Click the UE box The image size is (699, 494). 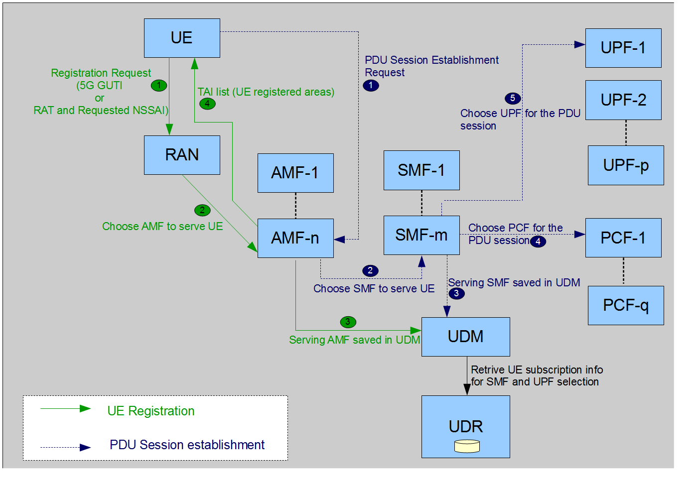tap(182, 38)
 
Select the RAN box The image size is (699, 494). tap(182, 155)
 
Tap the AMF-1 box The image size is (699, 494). tap(295, 173)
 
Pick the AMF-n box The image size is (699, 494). tap(295, 238)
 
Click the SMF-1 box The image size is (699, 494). tap(421, 170)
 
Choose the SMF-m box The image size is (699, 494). tap(421, 235)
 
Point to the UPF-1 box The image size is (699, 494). tap(623, 48)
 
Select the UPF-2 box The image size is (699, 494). tap(623, 100)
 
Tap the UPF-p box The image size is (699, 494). tap(626, 165)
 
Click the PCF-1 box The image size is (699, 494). tap(623, 238)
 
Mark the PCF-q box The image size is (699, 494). tap(626, 305)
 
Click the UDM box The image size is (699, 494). tap(465, 337)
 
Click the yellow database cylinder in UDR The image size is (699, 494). tap(467, 446)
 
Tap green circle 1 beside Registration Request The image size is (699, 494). tap(159, 85)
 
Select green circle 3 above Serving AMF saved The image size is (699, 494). tap(348, 322)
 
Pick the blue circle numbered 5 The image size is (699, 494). tap(512, 98)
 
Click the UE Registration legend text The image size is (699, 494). tap(151, 411)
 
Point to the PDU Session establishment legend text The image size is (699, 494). tap(187, 445)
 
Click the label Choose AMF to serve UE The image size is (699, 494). tap(162, 227)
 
